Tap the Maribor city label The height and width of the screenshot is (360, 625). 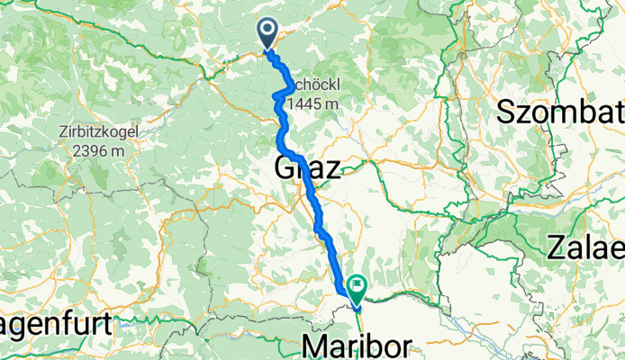click(357, 345)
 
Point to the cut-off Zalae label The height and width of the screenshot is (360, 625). click(585, 247)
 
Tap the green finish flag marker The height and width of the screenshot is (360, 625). click(358, 290)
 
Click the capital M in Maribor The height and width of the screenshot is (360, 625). click(315, 345)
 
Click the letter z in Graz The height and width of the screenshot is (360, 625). click(332, 168)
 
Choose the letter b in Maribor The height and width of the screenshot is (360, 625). click(374, 345)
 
